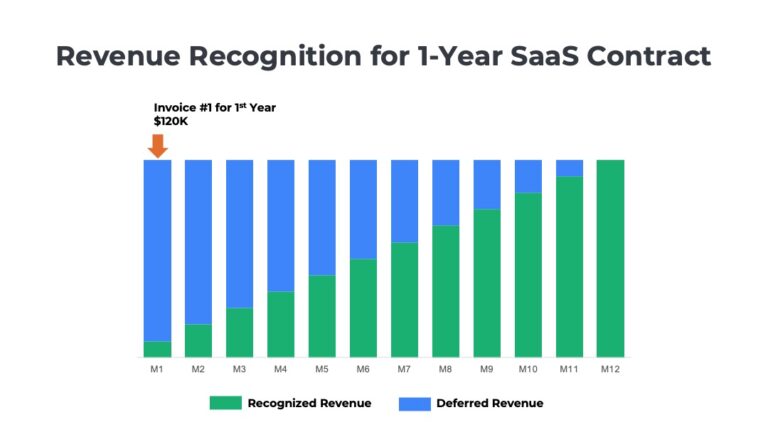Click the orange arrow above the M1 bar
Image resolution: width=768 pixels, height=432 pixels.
tap(157, 145)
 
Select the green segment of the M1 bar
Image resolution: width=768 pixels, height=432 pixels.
tap(157, 349)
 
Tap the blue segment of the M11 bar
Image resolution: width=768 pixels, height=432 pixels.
tap(569, 168)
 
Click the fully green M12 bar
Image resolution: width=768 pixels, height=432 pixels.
tap(610, 258)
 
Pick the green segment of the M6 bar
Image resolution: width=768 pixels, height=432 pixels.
tap(363, 308)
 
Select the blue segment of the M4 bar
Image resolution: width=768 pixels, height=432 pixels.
tap(281, 225)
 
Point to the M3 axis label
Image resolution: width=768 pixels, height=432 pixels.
tap(239, 369)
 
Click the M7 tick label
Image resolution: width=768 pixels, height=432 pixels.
tap(404, 369)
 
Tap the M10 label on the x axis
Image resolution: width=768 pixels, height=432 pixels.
tap(528, 369)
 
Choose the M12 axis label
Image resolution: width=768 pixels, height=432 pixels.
tap(610, 369)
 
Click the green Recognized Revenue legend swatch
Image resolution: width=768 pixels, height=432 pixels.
tap(225, 403)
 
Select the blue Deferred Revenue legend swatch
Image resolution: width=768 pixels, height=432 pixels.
tap(414, 403)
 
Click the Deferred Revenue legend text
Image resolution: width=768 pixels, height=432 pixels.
tap(491, 403)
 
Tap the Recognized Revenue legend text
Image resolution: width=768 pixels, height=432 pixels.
tap(309, 403)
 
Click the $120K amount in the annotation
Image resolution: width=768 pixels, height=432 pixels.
tap(171, 121)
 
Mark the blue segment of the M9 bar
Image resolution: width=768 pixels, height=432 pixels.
tap(487, 184)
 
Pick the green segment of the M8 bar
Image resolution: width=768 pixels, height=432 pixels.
tap(446, 291)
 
